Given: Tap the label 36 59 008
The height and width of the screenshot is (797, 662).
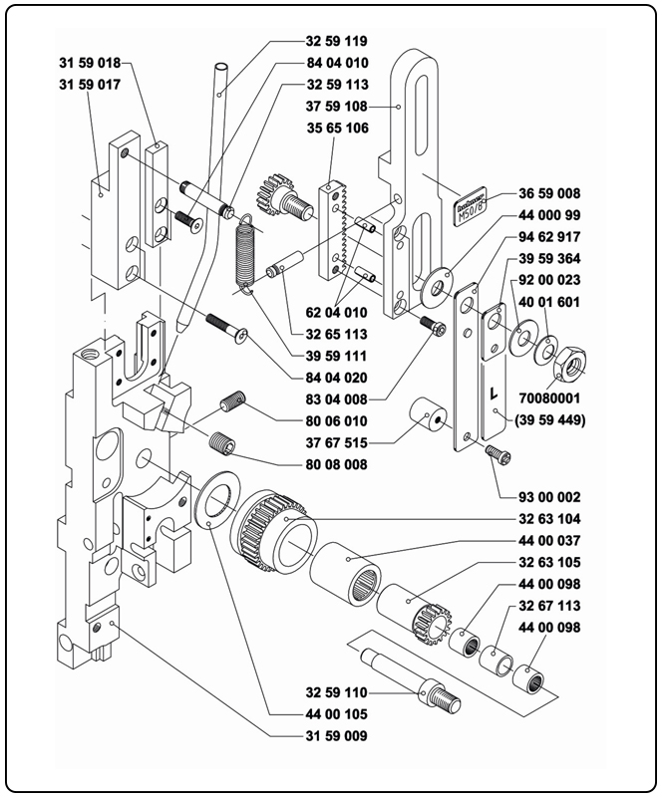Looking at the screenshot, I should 549,193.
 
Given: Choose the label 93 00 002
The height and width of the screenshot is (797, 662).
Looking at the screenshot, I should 547,497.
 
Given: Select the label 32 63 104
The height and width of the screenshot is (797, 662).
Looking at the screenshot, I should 549,520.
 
